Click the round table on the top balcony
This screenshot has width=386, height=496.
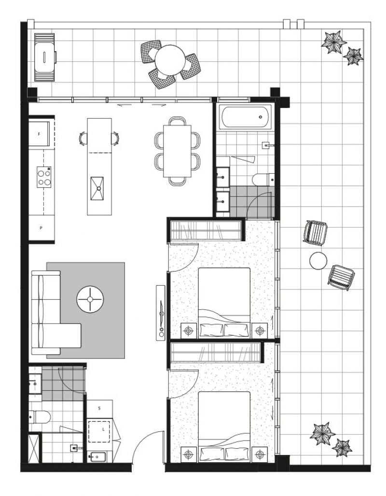[170, 60]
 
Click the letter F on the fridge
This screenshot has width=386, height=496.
[39, 134]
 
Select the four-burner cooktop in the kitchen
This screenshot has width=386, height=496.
[44, 177]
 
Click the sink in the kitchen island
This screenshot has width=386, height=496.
[97, 189]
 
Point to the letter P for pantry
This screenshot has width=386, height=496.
[41, 228]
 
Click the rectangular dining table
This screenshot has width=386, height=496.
[177, 151]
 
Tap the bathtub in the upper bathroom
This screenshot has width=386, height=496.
[247, 117]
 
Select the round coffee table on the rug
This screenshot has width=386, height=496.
[90, 299]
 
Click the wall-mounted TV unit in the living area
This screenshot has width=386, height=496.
[161, 313]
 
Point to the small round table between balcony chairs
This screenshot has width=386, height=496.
[318, 261]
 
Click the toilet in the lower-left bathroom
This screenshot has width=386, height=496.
[39, 417]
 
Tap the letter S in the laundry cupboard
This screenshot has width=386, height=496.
[99, 408]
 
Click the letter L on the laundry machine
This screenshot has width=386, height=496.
[103, 429]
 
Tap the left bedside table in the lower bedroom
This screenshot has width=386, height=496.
[189, 455]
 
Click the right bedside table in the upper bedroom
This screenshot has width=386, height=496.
[260, 331]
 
